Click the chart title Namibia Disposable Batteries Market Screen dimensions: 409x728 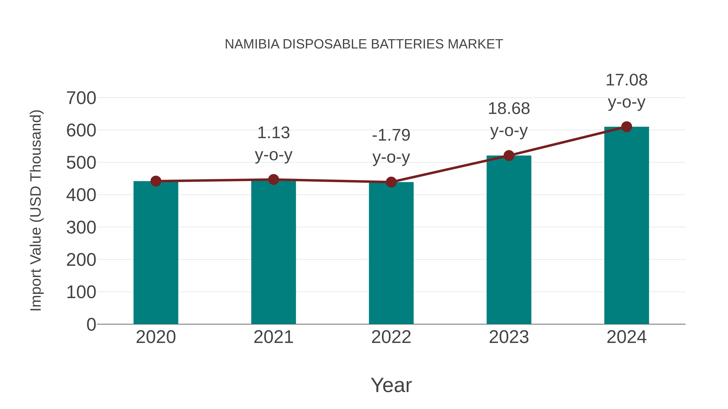click(x=364, y=44)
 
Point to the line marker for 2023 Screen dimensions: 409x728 click(x=509, y=156)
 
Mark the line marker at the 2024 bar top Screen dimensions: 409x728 click(x=626, y=127)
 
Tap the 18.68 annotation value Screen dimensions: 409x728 click(x=509, y=109)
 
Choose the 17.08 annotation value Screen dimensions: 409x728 click(x=626, y=80)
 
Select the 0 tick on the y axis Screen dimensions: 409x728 click(x=91, y=324)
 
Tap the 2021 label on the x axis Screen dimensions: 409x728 click(x=273, y=337)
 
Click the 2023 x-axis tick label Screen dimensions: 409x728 click(x=509, y=337)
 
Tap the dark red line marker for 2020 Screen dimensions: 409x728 click(x=156, y=181)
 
